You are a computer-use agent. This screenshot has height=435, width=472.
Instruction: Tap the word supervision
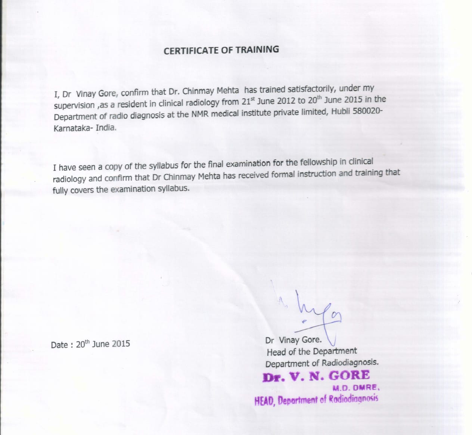pos(74,106)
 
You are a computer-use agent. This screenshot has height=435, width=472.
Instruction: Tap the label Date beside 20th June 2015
pos(59,345)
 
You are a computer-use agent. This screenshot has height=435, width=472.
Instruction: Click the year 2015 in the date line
pos(121,344)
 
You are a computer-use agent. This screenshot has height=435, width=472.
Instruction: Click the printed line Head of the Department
pos(311,352)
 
